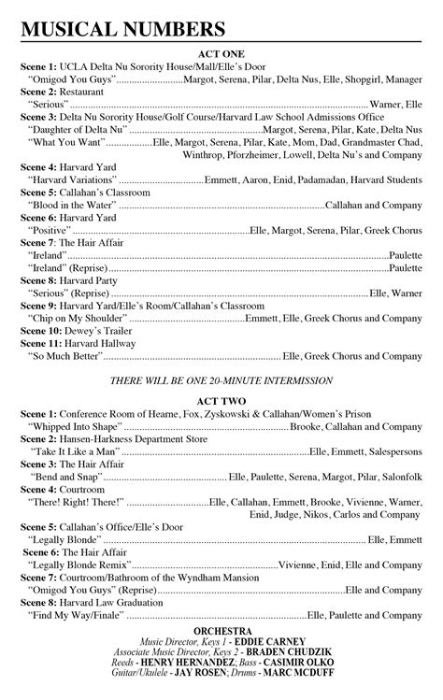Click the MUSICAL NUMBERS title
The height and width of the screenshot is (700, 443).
click(123, 32)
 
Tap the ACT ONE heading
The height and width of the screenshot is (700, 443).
click(221, 55)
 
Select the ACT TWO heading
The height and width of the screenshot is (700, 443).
click(221, 399)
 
